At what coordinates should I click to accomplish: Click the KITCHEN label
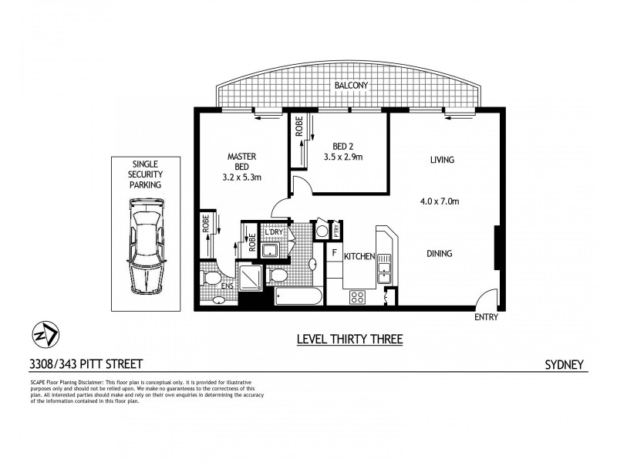(x=359, y=256)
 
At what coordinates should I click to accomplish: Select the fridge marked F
(x=334, y=252)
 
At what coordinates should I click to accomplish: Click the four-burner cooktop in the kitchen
(x=358, y=296)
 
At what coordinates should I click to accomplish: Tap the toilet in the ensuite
(x=209, y=278)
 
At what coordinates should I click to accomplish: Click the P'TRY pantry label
(x=336, y=229)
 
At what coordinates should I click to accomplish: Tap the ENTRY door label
(x=487, y=317)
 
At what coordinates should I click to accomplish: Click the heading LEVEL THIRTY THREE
(x=349, y=338)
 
